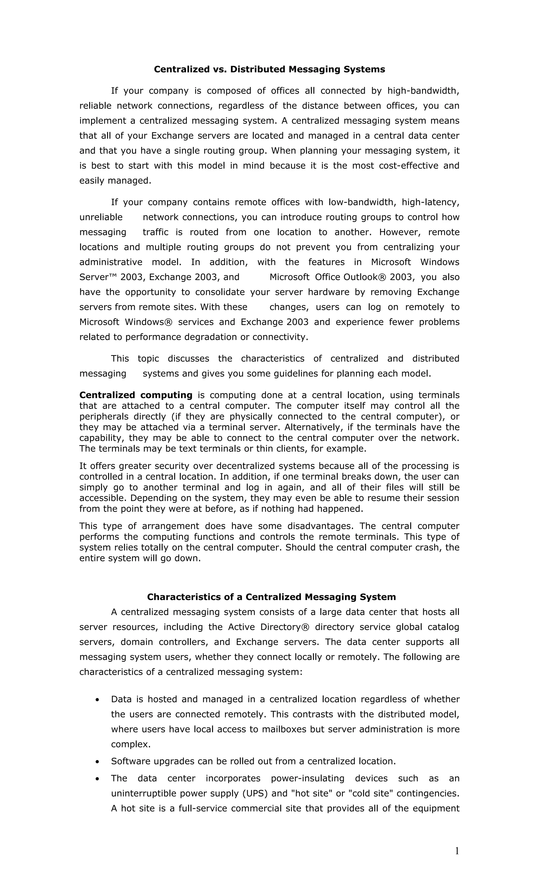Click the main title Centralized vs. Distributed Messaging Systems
[269, 69]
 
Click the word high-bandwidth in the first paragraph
[423, 91]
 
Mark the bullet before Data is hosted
[97, 700]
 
